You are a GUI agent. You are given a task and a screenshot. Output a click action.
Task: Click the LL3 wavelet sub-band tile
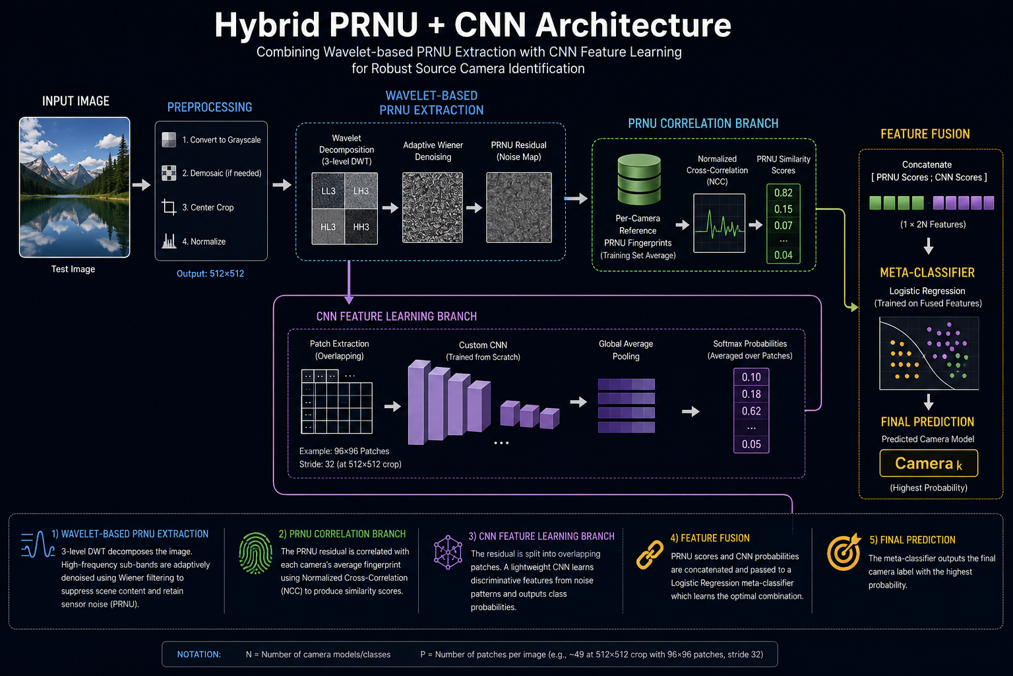(328, 191)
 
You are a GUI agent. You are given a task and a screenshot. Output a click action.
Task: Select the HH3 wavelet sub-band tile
(361, 227)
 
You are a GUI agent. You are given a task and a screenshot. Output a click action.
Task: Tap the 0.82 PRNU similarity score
(783, 193)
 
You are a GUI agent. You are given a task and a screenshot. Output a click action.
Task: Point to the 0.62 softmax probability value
(751, 411)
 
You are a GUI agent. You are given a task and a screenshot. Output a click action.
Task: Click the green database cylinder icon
(639, 180)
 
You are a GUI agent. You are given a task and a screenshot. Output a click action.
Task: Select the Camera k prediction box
(929, 463)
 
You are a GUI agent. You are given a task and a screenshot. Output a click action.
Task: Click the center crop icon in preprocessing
(169, 207)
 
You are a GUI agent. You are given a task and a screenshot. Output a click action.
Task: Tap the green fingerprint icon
(255, 553)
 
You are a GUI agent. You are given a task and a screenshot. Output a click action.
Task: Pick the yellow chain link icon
(650, 555)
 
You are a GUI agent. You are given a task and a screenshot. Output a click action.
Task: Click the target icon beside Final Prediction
(844, 552)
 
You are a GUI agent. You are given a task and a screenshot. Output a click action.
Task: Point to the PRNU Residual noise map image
(519, 207)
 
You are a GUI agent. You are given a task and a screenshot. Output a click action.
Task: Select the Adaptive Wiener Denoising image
(433, 207)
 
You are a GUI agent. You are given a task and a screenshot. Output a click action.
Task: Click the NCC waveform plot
(719, 223)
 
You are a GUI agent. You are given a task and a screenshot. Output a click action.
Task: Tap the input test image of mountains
(75, 187)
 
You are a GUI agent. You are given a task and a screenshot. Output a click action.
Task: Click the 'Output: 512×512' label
(210, 273)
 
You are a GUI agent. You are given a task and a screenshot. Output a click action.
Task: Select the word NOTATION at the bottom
(199, 654)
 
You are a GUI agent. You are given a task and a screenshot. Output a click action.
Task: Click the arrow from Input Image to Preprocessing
(142, 185)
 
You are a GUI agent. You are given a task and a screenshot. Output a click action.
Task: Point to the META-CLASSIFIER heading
(927, 273)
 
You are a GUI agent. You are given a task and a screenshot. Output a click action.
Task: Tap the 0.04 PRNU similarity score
(783, 255)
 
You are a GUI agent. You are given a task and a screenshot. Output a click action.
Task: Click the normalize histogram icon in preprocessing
(169, 241)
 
